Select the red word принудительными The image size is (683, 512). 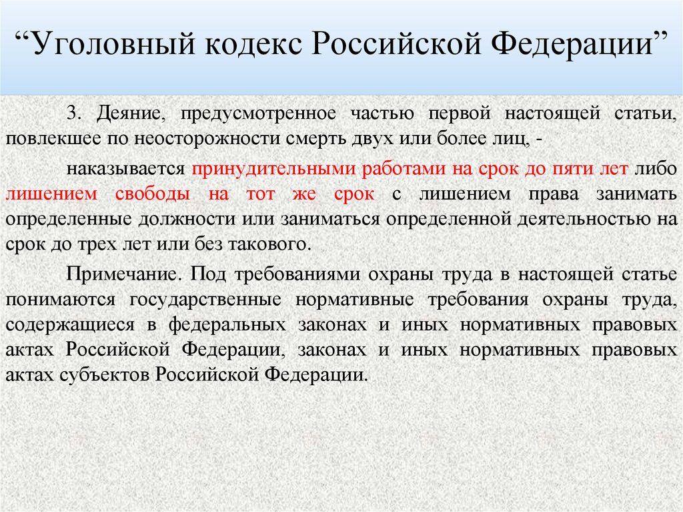(275, 168)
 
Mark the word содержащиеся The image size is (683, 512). (65, 324)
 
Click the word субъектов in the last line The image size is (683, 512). (120, 375)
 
